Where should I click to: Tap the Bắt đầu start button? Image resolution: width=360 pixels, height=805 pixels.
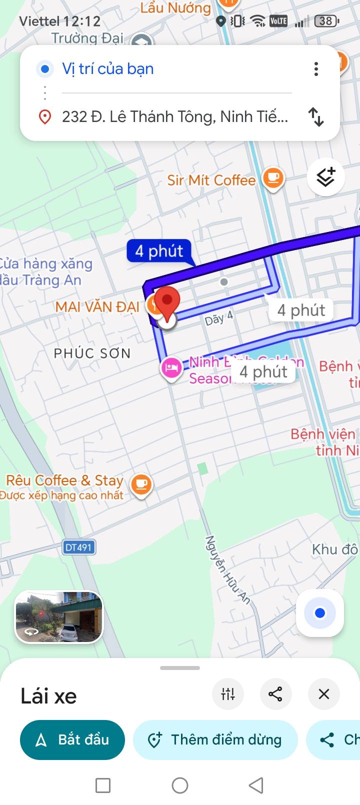72,739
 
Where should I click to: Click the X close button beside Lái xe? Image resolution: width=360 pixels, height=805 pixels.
323,694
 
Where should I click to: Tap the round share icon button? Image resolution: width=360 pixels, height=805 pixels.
275,694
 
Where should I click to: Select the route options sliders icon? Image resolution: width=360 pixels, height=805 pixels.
228,694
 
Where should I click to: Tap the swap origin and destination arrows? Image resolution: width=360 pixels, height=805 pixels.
316,116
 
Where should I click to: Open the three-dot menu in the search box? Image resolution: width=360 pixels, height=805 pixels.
316,69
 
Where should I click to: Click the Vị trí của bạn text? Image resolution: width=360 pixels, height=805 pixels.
107,69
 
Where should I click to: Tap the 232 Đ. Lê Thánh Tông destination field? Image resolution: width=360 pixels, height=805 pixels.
174,116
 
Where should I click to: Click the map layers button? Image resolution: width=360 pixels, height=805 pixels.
325,177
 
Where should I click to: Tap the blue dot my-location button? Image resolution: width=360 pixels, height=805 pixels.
320,613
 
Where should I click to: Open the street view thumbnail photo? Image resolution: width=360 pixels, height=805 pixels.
59,616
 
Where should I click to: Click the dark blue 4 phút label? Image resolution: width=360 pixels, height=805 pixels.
159,250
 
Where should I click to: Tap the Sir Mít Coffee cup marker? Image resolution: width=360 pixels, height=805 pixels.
273,178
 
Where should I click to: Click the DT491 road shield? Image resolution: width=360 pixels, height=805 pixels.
79,547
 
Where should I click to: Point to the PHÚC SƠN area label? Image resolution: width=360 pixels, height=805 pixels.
92,353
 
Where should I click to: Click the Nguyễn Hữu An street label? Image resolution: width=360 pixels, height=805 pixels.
227,570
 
